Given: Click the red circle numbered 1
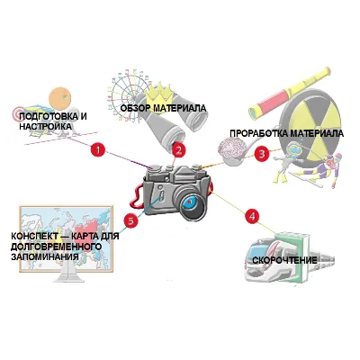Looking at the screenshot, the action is (x=98, y=148).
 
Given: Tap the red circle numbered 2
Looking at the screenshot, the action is (x=179, y=150).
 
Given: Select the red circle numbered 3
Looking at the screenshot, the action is (x=262, y=154).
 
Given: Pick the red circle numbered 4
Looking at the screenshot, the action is (x=252, y=216).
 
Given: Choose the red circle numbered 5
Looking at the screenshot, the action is (x=131, y=221).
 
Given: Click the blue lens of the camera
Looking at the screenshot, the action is (x=190, y=202).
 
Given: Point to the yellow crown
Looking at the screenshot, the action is (x=159, y=94).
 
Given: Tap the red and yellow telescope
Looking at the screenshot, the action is (x=290, y=93).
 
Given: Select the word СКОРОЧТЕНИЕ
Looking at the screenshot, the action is (x=284, y=260).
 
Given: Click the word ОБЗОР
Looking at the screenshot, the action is (x=135, y=108).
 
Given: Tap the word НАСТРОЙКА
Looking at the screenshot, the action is (x=46, y=126).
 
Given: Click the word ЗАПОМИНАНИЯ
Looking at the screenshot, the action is (x=45, y=256).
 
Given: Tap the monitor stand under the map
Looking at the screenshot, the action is (x=67, y=275).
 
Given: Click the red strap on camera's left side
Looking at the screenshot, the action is (x=137, y=196).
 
